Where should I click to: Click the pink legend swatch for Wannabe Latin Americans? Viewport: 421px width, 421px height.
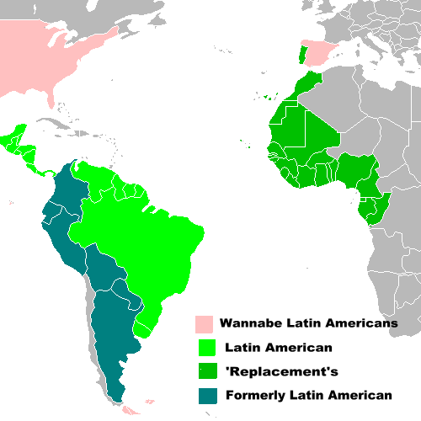(x=203, y=323)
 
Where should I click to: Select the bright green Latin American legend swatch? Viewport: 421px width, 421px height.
(x=203, y=347)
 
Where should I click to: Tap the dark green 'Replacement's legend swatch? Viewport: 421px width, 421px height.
(x=203, y=370)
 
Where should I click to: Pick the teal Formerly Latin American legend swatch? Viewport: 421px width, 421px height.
(x=203, y=394)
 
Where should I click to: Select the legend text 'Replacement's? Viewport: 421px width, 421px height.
(x=264, y=370)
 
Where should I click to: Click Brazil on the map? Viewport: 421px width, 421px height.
(x=143, y=244)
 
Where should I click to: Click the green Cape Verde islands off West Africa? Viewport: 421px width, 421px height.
(x=242, y=141)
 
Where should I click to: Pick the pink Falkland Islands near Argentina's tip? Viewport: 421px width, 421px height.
(x=149, y=402)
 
